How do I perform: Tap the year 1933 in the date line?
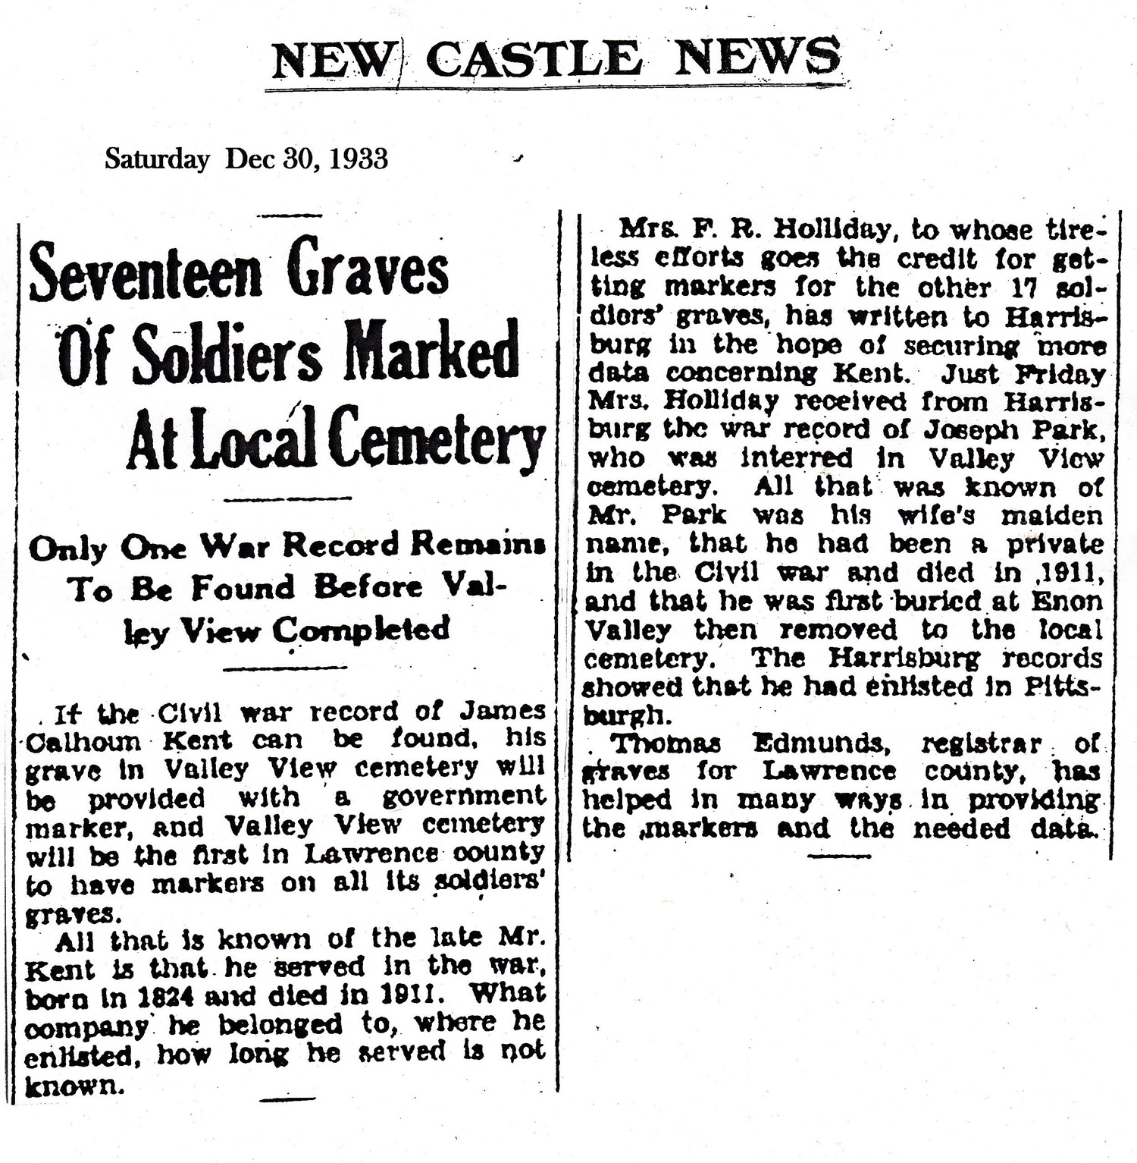pos(359,159)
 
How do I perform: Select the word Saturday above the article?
pos(157,159)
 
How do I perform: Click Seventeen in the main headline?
pos(145,272)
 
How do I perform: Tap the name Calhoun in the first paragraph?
pos(83,740)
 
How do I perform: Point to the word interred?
pos(796,459)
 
